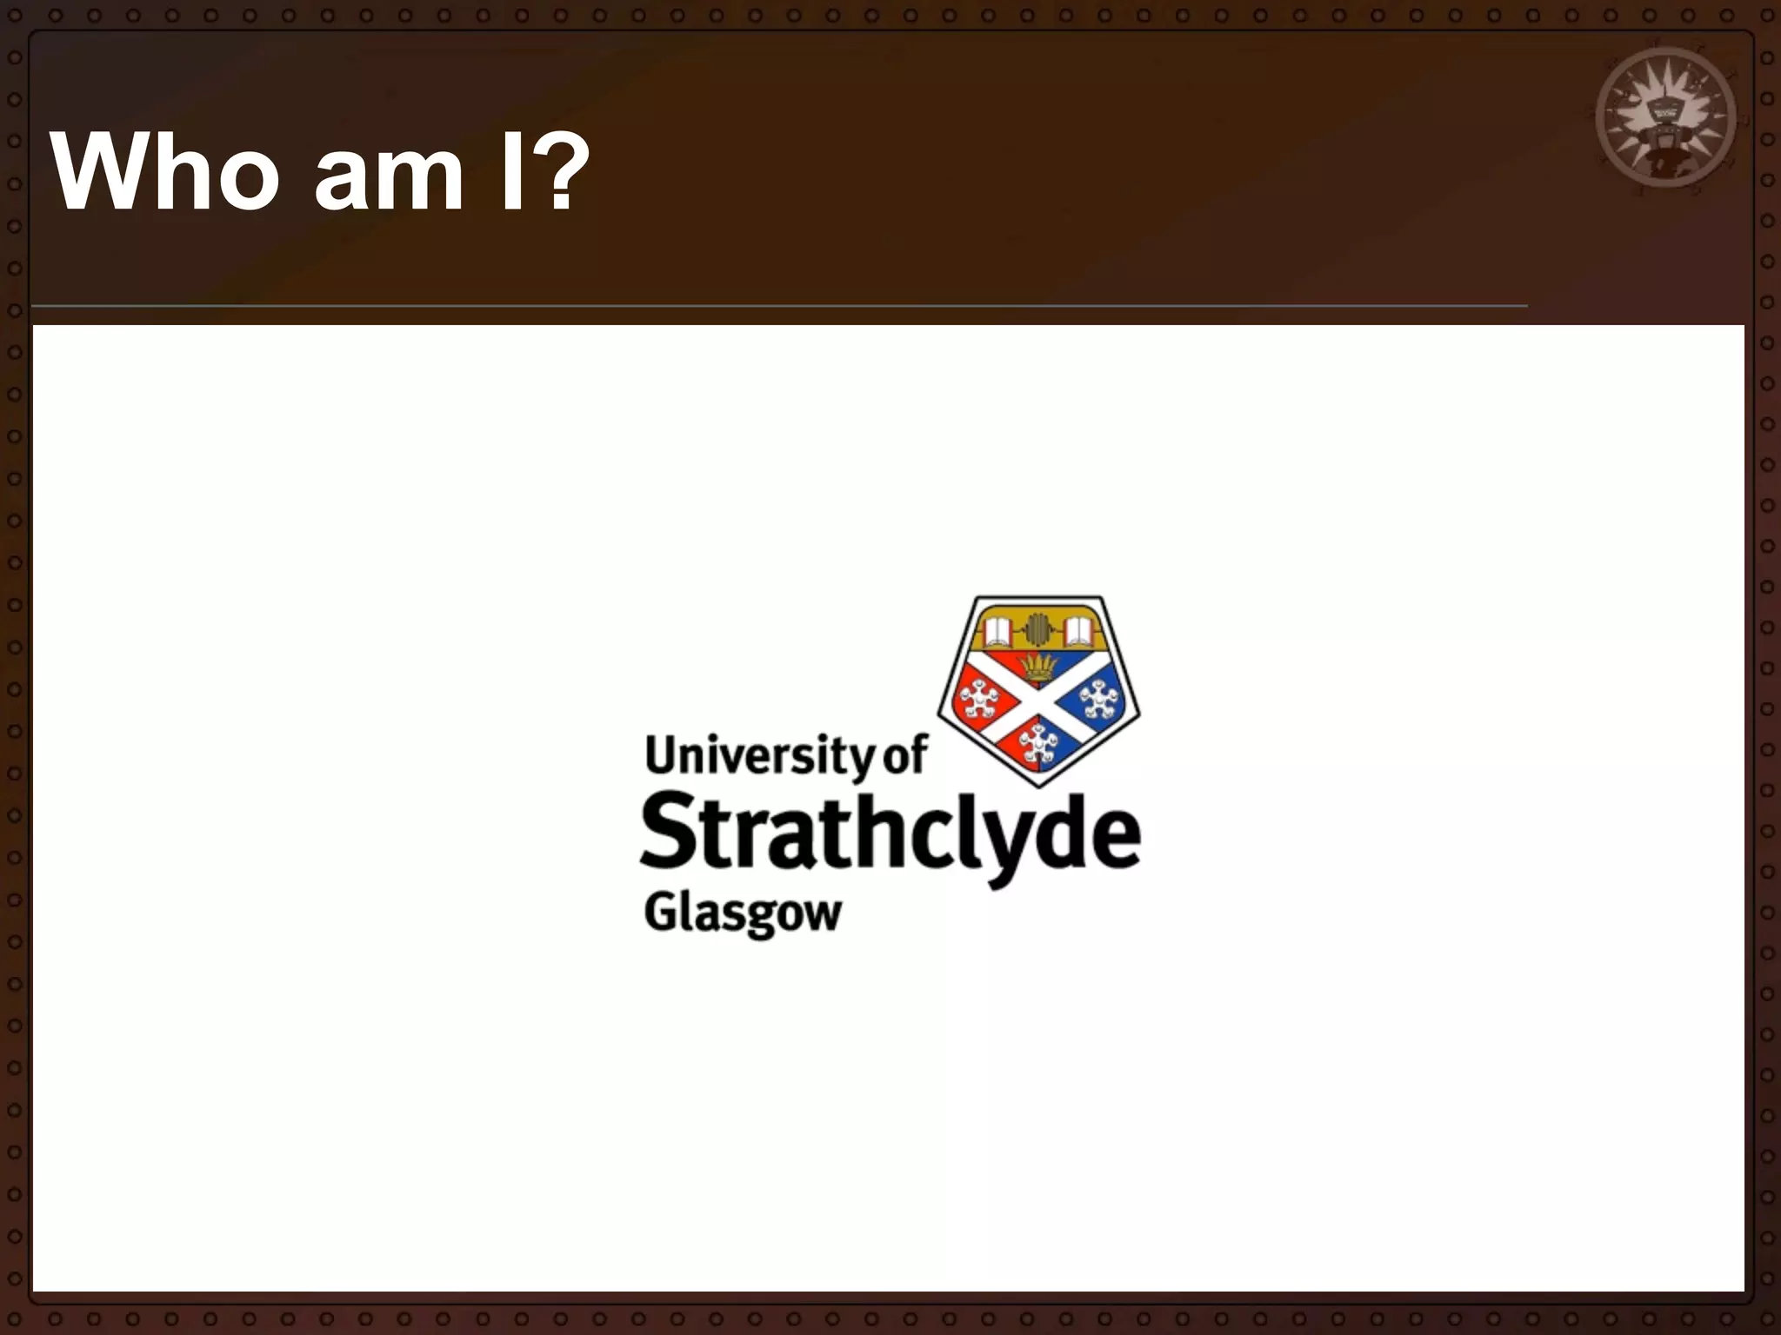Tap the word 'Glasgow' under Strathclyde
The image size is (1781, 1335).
click(743, 914)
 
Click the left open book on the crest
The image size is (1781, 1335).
click(997, 630)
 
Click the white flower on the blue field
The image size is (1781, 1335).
click(1099, 700)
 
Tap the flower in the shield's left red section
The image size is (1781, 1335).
click(977, 700)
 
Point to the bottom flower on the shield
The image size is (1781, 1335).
click(1037, 744)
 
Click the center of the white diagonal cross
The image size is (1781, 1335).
click(1038, 701)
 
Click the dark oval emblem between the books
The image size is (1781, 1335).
click(1037, 628)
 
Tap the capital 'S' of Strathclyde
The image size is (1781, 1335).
click(669, 833)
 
